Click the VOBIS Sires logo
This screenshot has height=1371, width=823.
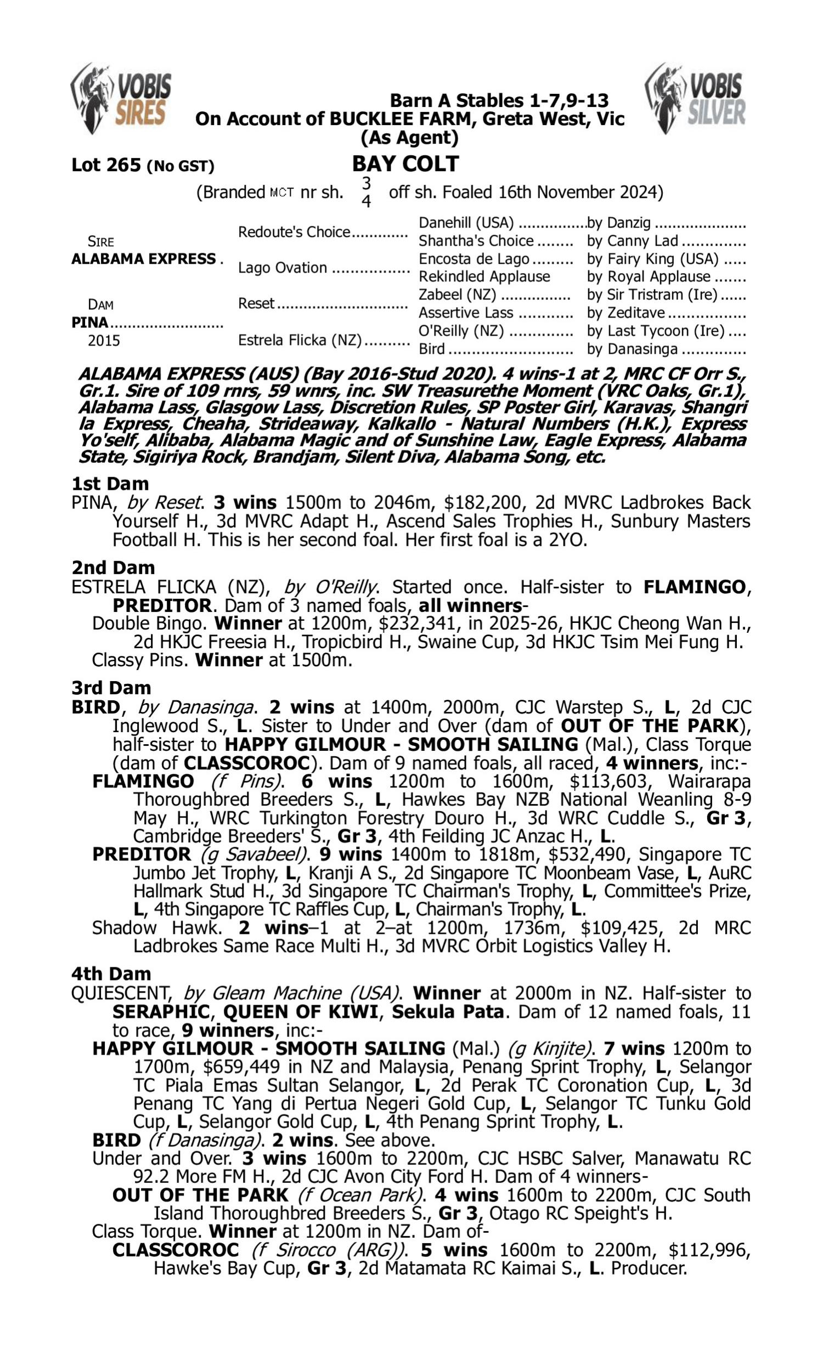(x=121, y=99)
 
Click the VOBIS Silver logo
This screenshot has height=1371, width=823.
(x=695, y=99)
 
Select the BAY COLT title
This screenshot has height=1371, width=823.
(x=405, y=164)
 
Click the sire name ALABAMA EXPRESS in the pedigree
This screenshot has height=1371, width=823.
(x=144, y=259)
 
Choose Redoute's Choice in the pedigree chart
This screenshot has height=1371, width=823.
(x=294, y=231)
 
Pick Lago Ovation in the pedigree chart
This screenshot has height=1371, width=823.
(x=282, y=268)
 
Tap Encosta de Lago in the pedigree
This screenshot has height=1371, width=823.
(x=473, y=259)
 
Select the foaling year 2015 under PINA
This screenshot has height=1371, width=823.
(x=104, y=340)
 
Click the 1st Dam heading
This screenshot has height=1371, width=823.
(x=110, y=484)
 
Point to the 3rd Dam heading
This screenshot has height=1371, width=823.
(x=111, y=688)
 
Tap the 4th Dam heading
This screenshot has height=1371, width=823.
(x=111, y=973)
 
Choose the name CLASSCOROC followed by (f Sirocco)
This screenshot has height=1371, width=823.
(x=175, y=1250)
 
